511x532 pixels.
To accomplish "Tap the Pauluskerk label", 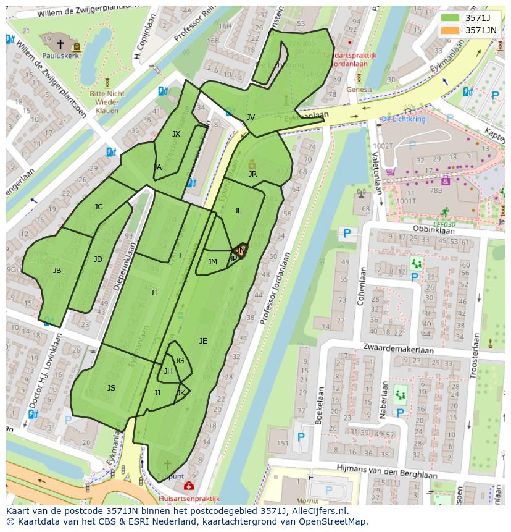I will (x=59, y=55).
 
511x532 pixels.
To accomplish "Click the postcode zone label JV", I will (x=251, y=117).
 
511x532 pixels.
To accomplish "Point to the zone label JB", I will (x=57, y=271).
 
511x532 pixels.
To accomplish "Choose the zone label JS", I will (x=111, y=388).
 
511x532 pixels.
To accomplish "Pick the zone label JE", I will (x=203, y=340).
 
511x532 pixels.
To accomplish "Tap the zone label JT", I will (x=154, y=293).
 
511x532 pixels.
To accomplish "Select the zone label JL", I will (x=238, y=211).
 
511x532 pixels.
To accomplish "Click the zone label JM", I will (x=212, y=262).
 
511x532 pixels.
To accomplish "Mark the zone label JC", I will (x=98, y=207).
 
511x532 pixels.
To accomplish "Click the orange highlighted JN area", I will (x=240, y=250).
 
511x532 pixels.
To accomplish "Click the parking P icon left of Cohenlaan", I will (x=347, y=234).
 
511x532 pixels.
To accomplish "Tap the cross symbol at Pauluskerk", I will (x=60, y=43).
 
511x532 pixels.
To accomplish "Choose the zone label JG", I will (x=179, y=361).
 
